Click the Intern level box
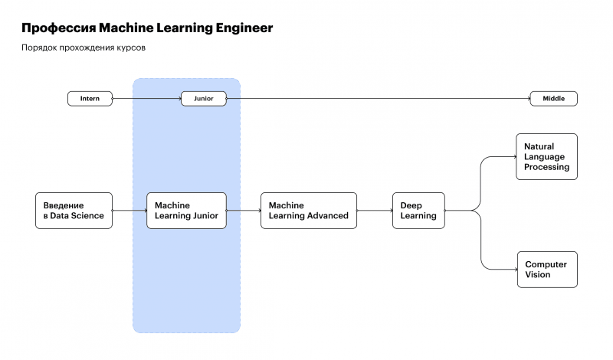(x=90, y=99)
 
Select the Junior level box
(x=204, y=99)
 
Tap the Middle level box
(x=553, y=99)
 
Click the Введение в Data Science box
(x=74, y=211)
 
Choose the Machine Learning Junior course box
(x=186, y=211)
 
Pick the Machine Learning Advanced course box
(x=308, y=211)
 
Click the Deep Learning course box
(x=418, y=211)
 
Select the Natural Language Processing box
(x=546, y=156)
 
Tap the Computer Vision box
(x=546, y=270)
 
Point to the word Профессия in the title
(x=58, y=28)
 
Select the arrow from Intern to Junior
(x=146, y=99)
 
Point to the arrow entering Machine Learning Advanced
(x=244, y=211)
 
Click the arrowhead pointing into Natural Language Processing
(x=514, y=156)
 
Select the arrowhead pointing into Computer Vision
(x=514, y=270)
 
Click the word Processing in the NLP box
(x=546, y=167)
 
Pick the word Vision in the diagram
(x=538, y=275)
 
